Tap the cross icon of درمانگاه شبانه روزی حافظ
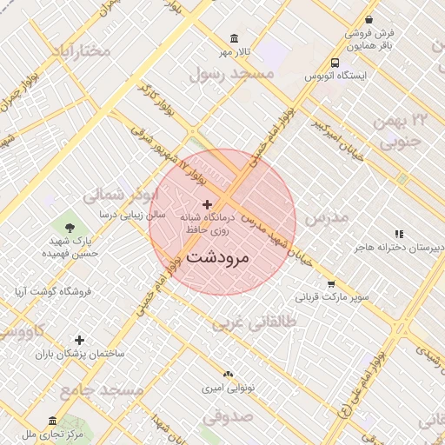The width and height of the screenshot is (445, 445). point(206,203)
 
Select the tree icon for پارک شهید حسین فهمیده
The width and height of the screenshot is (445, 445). point(70,227)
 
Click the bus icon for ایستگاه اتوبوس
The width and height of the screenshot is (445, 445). point(335,63)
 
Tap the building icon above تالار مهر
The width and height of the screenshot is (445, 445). point(235,38)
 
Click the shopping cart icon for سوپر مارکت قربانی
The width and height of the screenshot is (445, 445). point(331,283)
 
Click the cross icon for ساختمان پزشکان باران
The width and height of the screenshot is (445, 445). point(80,340)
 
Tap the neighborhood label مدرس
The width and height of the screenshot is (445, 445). point(328,216)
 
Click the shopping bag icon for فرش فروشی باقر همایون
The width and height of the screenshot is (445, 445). point(369,19)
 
